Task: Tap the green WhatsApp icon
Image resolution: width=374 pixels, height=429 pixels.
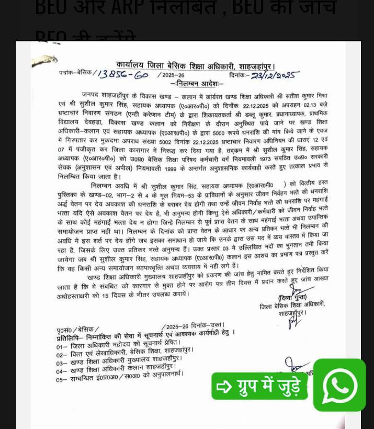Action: click(339, 385)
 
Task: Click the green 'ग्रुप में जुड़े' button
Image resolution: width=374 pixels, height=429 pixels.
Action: click(260, 387)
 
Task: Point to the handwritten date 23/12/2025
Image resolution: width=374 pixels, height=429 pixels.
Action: click(274, 76)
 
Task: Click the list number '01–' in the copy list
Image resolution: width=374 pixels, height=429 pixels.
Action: click(62, 346)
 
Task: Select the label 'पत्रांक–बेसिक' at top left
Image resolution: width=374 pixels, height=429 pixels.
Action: click(75, 74)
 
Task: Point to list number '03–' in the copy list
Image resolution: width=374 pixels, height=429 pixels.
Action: click(62, 363)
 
